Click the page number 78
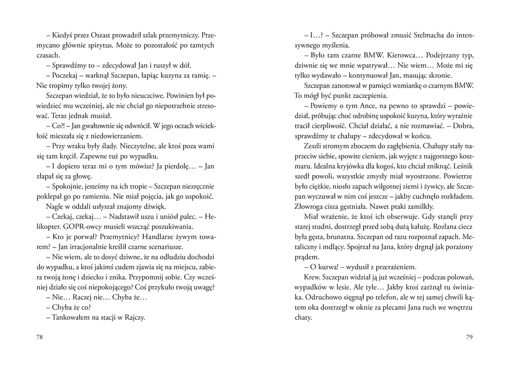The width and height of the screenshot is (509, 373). coord(39,337)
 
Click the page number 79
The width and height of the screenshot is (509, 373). coord(469,337)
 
